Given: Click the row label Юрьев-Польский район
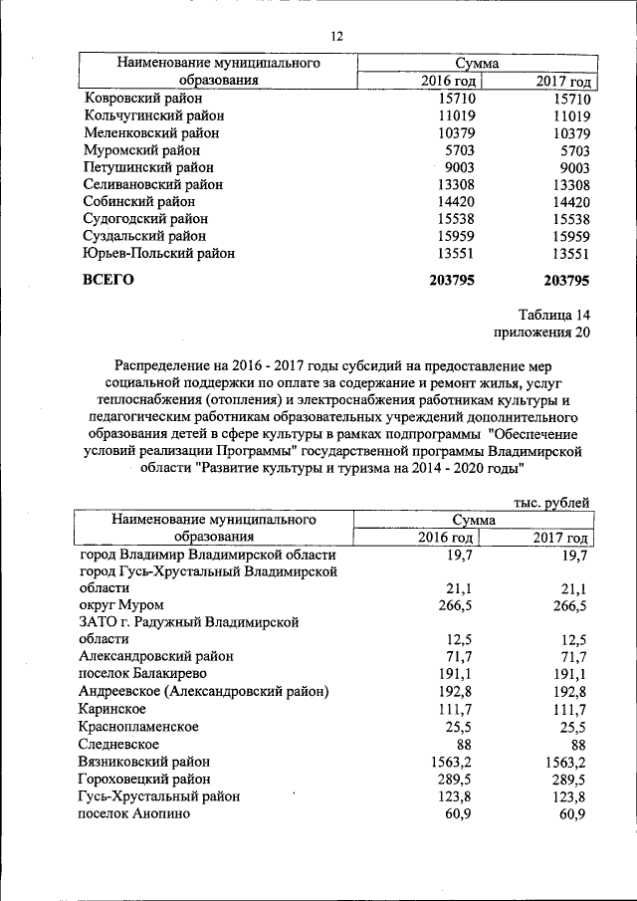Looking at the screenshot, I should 159,253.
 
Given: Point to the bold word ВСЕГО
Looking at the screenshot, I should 107,280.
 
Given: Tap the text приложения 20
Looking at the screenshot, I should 541,333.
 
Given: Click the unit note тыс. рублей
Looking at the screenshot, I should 551,503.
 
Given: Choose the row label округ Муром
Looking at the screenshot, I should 120,605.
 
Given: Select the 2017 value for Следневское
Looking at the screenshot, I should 578,744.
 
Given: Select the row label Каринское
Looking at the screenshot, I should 112,709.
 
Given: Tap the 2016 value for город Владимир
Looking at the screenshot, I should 459,554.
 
